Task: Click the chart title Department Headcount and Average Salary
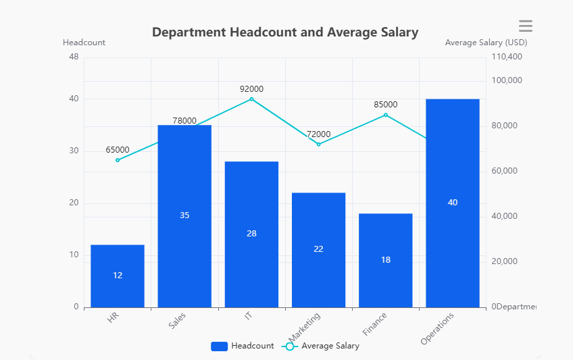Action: pyautogui.click(x=284, y=32)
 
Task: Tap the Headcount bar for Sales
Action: pyautogui.click(x=184, y=215)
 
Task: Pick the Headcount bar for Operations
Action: pyautogui.click(x=452, y=203)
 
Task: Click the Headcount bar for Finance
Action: pyautogui.click(x=385, y=260)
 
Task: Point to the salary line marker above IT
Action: pyautogui.click(x=251, y=99)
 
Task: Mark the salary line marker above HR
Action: pyautogui.click(x=118, y=160)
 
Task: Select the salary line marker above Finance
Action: pyautogui.click(x=386, y=115)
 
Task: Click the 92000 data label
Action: pyautogui.click(x=251, y=88)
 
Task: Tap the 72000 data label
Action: pyautogui.click(x=318, y=134)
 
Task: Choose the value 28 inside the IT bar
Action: pyautogui.click(x=251, y=234)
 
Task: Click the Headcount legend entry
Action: pyautogui.click(x=243, y=346)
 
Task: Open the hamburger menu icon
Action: pyautogui.click(x=525, y=26)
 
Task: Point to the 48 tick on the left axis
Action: pyautogui.click(x=74, y=57)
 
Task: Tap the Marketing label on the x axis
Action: pyautogui.click(x=305, y=327)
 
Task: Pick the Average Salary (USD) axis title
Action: pyautogui.click(x=486, y=43)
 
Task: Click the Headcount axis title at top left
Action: pyautogui.click(x=84, y=43)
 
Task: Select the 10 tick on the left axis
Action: pyautogui.click(x=74, y=255)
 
